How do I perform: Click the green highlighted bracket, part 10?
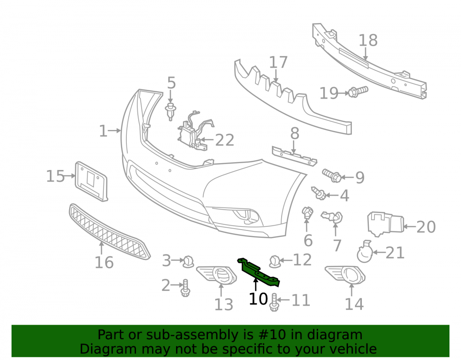coord(258,272)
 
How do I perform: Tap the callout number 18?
coord(368,40)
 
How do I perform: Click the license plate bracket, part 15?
coord(91,182)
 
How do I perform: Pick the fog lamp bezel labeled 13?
coord(216,275)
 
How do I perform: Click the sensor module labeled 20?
coord(385,224)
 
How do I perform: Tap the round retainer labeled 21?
coord(365,253)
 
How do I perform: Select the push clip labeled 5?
coord(170,112)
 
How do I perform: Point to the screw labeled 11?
coord(274,302)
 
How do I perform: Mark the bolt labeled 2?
coord(185,288)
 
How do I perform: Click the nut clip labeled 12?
coord(275,261)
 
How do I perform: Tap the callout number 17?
coord(278,62)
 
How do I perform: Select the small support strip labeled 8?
coord(294,156)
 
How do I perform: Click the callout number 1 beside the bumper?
coord(103,131)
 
